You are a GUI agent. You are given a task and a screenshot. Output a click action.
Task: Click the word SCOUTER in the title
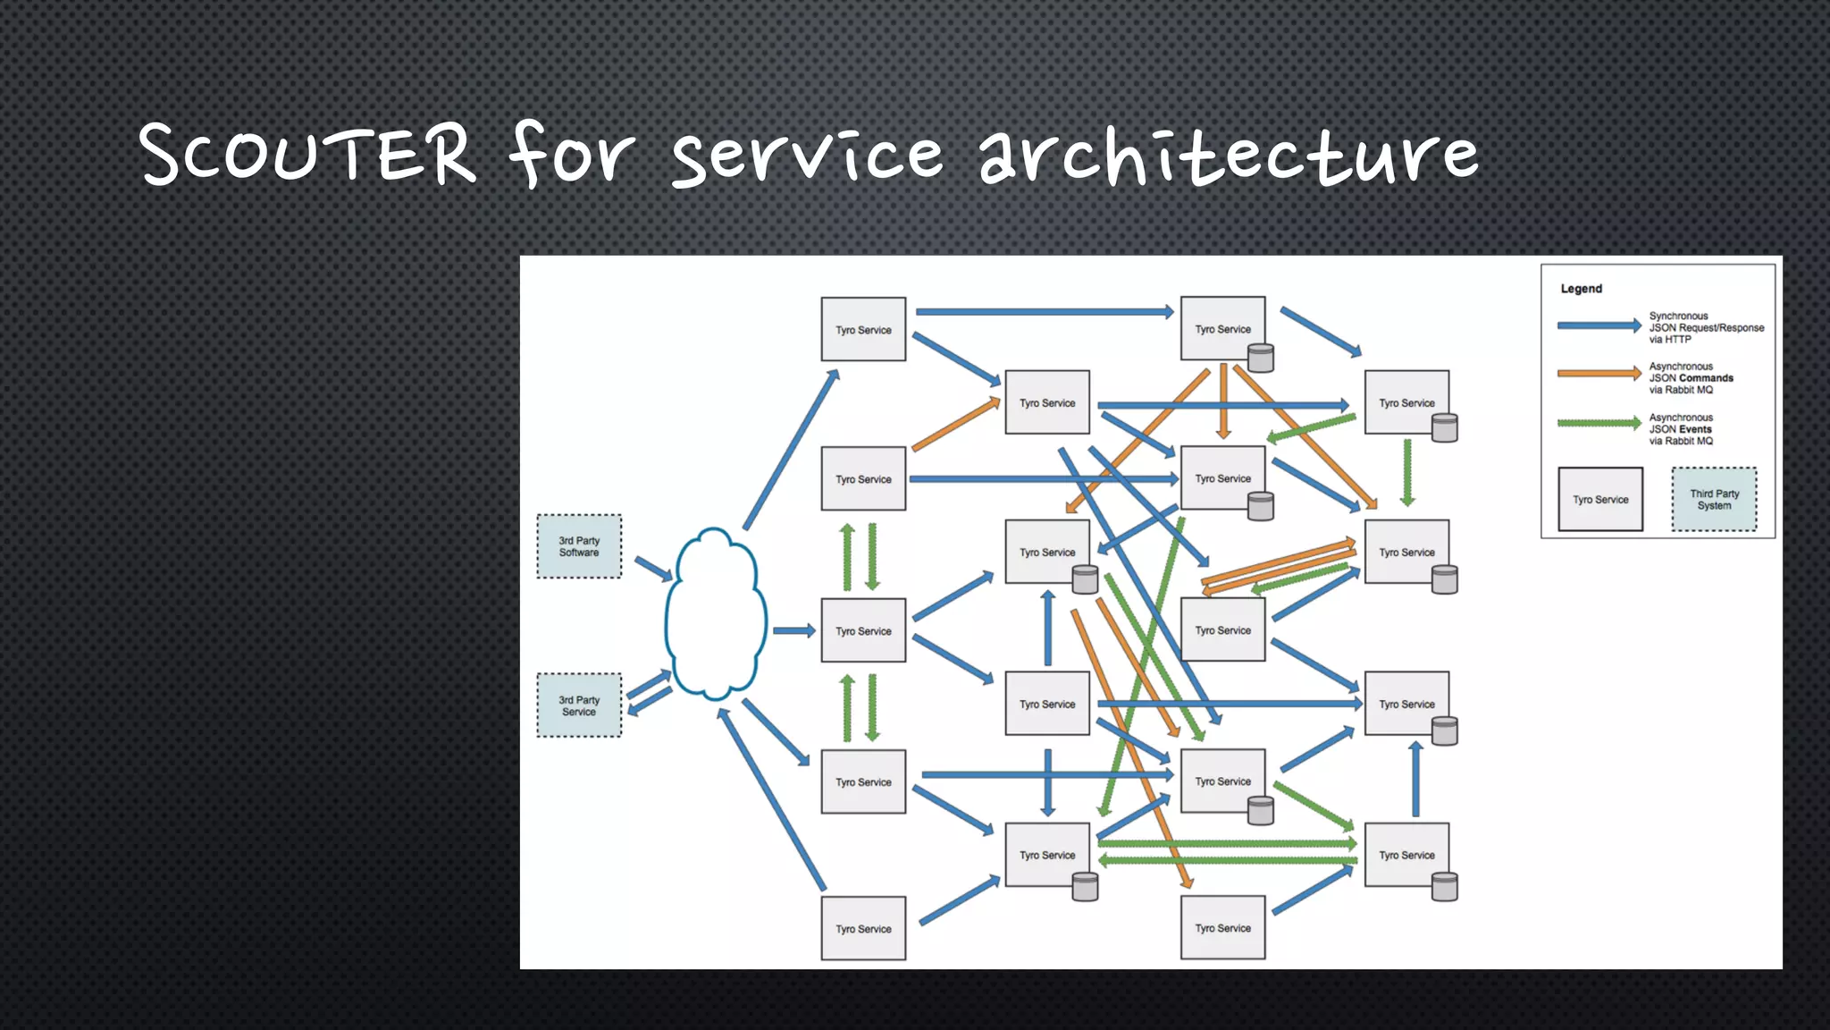(x=308, y=154)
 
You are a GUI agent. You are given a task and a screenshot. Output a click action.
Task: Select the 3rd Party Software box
(x=579, y=546)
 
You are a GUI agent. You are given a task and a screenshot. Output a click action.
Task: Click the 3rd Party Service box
(x=579, y=705)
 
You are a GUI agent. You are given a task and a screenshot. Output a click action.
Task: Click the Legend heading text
(x=1581, y=289)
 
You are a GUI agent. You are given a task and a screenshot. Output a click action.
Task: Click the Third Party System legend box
(x=1714, y=500)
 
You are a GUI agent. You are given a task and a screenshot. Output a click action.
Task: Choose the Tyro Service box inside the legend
(x=1600, y=500)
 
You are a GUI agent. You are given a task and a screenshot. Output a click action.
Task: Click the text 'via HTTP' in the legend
(x=1670, y=340)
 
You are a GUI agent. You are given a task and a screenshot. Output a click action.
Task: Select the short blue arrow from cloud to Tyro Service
(x=793, y=631)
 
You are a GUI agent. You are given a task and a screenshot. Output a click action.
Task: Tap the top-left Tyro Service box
(x=863, y=330)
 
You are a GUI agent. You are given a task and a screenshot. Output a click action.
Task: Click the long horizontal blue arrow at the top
(x=1044, y=312)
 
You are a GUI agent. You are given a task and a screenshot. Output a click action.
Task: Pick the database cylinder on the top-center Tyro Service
(x=1260, y=359)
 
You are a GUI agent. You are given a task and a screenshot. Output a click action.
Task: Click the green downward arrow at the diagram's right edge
(x=1407, y=472)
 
